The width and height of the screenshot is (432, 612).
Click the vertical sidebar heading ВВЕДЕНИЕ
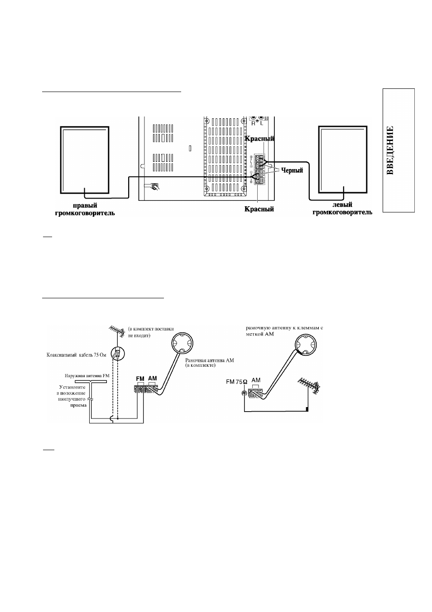(390, 150)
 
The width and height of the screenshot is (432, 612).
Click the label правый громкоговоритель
(85, 209)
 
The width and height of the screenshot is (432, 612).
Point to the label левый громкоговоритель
(342, 209)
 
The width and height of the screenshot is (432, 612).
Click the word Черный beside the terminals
(292, 170)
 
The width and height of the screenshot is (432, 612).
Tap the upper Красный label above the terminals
(259, 139)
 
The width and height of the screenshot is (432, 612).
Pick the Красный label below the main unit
(259, 209)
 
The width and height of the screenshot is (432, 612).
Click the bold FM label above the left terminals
(140, 379)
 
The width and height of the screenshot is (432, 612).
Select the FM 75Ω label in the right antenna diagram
(237, 382)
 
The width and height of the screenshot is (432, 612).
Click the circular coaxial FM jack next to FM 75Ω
(244, 393)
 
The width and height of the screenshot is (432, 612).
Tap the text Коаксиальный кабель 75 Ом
(77, 355)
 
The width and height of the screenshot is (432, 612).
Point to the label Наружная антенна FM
(87, 376)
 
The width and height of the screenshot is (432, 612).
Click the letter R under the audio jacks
(253, 123)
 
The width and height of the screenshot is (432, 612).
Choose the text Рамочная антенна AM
(210, 360)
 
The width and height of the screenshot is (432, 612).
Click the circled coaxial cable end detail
(118, 354)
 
